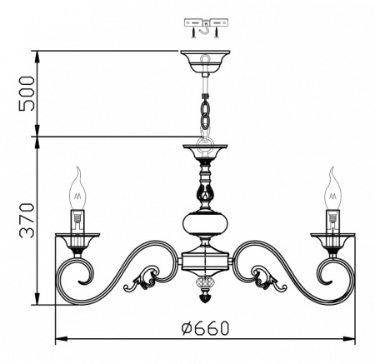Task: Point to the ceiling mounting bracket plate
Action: click(204, 25)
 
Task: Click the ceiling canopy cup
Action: click(205, 61)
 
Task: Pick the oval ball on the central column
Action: click(205, 226)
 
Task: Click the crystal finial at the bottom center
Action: click(205, 294)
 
